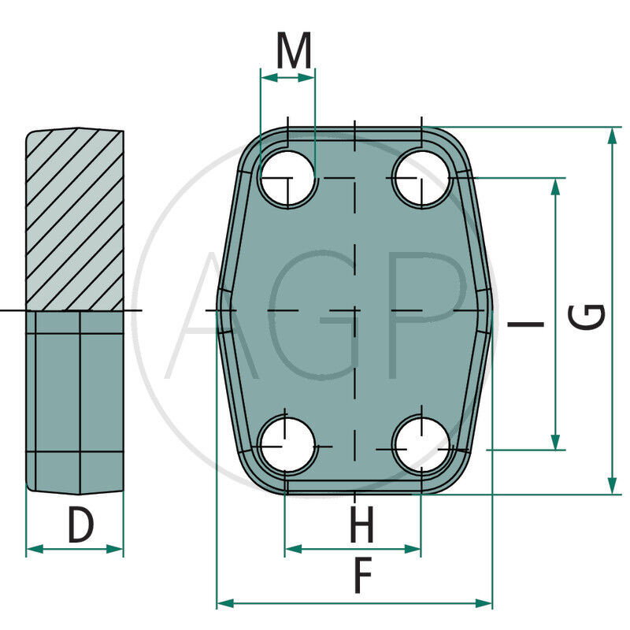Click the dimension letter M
294,52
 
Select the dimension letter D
80,525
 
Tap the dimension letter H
361,525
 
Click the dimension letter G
588,317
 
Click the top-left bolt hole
287,179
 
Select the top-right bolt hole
422,179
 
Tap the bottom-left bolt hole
287,443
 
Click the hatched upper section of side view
75,220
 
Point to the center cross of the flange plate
355,311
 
